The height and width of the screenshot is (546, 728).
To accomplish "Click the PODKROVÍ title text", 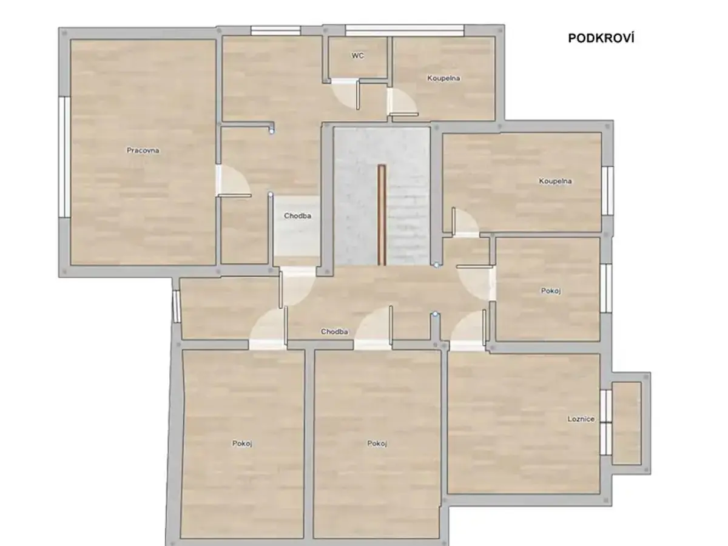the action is point(601,38).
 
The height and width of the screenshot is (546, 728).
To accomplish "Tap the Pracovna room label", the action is point(143,150).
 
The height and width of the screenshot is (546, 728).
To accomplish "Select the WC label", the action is point(357,56).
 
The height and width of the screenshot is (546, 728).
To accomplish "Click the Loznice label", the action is point(581,419).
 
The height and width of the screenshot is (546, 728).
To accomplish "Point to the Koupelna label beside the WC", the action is point(443,78).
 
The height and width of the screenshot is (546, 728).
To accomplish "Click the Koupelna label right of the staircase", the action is point(555,181).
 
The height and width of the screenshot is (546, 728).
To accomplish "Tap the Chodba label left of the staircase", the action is point(297,216).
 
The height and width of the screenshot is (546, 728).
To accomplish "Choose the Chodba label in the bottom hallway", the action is point(334,331).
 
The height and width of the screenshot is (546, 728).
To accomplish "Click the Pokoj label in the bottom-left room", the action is point(242,443).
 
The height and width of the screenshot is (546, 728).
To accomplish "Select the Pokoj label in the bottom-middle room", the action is point(377,443).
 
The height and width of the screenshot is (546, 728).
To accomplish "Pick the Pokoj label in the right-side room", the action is point(551,291).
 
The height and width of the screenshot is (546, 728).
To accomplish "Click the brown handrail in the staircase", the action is point(382,215).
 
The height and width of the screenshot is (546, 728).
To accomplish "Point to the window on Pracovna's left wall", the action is point(64,157).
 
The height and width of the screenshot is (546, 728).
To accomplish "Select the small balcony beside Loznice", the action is point(627,423).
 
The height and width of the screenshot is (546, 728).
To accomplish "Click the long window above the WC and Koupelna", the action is point(404,31).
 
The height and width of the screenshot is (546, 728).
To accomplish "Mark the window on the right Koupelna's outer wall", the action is point(608,190).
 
